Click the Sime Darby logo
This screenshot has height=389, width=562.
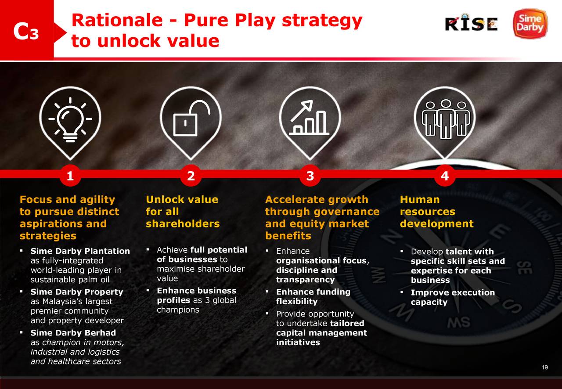click(530, 23)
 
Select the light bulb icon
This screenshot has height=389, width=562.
click(70, 120)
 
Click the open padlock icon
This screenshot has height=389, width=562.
click(191, 118)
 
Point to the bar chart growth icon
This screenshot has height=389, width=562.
click(309, 118)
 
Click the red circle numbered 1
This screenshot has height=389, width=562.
click(70, 176)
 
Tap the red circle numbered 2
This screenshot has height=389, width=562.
click(191, 176)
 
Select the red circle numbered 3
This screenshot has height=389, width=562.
click(310, 176)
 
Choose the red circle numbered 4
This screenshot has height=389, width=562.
click(445, 176)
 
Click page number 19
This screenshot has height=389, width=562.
click(545, 367)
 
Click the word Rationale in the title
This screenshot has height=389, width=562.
click(117, 20)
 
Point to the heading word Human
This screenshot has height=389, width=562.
click(420, 199)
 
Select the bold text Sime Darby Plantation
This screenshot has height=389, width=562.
click(80, 251)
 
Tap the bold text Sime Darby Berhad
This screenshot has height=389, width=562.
click(73, 333)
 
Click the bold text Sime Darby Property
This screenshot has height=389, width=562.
click(77, 292)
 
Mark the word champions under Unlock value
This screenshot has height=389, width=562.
click(178, 310)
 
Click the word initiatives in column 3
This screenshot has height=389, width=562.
click(298, 342)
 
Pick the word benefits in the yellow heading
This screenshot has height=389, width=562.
click(288, 236)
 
